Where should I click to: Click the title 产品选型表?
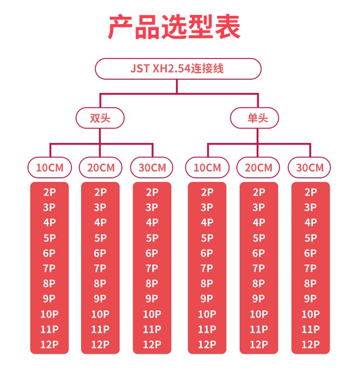point(174,28)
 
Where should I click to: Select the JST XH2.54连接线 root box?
point(177,68)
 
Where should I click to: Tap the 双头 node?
point(100,118)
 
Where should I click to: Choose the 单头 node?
point(255,118)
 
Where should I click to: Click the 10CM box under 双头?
point(49,168)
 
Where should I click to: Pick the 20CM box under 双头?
point(101,168)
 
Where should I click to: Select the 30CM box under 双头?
point(152,168)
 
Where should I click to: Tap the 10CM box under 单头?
point(207,168)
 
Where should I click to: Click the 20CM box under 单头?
point(259,168)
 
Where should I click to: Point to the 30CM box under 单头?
point(310,168)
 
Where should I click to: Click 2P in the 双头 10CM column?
point(49,192)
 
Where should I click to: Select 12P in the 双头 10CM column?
point(49,345)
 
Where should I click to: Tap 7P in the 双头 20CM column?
point(100,268)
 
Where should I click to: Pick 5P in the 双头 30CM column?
point(152,238)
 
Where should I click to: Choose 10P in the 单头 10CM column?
point(207,314)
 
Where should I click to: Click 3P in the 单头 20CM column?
point(259,207)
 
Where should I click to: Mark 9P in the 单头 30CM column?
point(310,299)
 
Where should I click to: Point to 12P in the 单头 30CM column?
point(310,345)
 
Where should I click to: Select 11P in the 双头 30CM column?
point(152,330)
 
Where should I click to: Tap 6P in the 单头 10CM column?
point(207,253)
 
